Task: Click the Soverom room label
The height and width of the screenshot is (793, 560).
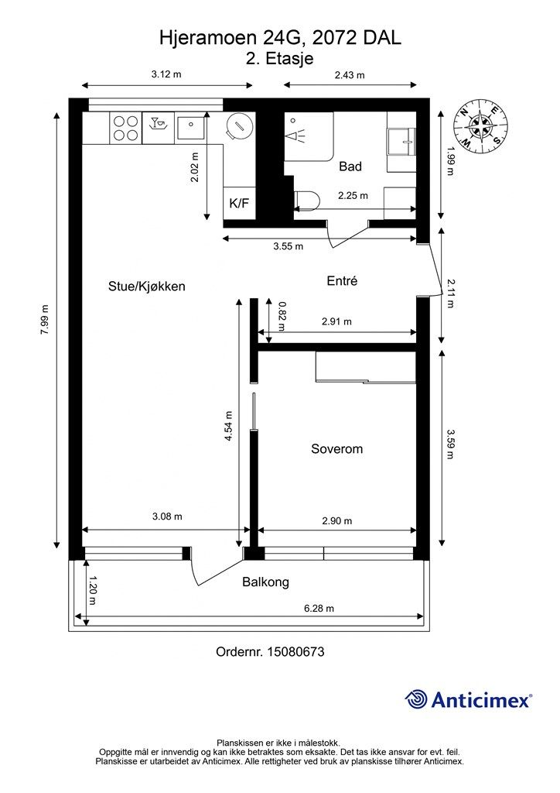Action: point(336,448)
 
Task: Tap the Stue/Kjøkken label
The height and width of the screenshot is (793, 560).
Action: point(147,287)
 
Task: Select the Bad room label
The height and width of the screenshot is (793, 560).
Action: point(350,166)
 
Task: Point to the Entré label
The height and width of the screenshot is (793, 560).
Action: point(343,280)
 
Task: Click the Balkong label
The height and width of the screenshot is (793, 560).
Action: point(265,582)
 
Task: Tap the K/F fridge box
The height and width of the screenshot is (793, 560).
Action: point(239,204)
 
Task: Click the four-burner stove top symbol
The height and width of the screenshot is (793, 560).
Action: point(126,128)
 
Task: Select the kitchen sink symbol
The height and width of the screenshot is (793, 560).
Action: point(191,126)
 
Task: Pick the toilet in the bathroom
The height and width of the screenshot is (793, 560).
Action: point(306,201)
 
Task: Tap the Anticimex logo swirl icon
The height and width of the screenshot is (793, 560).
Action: point(416,699)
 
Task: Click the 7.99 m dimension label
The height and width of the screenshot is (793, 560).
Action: point(45,320)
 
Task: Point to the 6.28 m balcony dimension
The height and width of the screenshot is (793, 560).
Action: point(319,609)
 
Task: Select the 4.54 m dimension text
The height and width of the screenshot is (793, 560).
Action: point(229,426)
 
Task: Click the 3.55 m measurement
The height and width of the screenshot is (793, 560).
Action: point(289,246)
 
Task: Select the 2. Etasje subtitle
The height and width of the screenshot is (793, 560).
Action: point(280,59)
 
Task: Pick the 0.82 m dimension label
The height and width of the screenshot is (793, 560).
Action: point(282,316)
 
